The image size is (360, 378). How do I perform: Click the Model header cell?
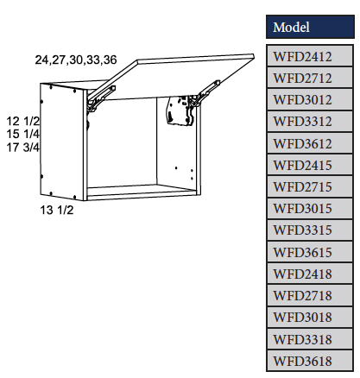(x=309, y=27)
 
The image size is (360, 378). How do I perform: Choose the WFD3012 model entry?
(x=309, y=99)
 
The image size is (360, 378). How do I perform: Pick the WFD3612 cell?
(x=309, y=142)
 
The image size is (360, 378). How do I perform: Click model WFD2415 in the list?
(x=309, y=164)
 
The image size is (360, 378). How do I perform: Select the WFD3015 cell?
(x=309, y=208)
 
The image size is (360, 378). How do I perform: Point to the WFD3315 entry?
(x=309, y=230)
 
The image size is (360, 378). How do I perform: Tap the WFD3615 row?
(x=309, y=251)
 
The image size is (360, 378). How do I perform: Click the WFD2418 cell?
(x=309, y=273)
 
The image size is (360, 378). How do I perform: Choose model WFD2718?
(x=309, y=294)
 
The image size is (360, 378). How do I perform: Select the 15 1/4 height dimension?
(x=22, y=134)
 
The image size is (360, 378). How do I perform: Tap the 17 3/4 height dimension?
(x=22, y=148)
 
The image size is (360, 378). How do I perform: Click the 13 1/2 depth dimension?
(x=56, y=210)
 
